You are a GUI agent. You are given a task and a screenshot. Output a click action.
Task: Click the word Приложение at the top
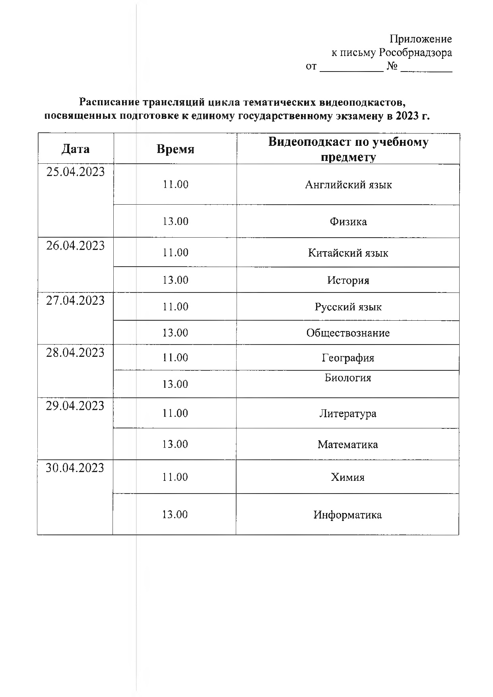click(421, 39)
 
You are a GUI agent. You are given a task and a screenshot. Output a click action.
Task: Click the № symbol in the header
click(392, 66)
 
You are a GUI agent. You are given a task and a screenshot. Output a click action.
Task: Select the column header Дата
click(76, 149)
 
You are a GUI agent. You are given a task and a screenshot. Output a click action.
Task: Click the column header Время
click(175, 149)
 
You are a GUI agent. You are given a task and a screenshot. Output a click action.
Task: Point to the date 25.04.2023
click(76, 172)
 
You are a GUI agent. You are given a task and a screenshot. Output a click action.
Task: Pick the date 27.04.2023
click(75, 301)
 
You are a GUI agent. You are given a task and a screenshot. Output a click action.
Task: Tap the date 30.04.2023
click(75, 468)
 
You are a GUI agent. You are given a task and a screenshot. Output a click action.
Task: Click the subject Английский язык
click(348, 185)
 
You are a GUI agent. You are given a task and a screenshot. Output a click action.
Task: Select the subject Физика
click(348, 222)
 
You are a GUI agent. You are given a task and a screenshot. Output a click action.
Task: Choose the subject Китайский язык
click(348, 253)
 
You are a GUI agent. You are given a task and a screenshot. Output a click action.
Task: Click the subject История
click(348, 281)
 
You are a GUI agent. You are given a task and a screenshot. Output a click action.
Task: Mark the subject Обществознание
click(348, 333)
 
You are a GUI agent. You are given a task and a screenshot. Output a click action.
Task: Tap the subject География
click(348, 358)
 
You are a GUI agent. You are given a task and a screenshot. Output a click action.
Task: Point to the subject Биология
click(348, 378)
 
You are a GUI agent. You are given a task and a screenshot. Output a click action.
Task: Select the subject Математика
click(347, 444)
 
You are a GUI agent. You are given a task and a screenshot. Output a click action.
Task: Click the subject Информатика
click(347, 515)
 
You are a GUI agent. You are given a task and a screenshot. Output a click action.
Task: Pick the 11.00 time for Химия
click(175, 477)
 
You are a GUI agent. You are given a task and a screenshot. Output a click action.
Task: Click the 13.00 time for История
click(175, 280)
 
